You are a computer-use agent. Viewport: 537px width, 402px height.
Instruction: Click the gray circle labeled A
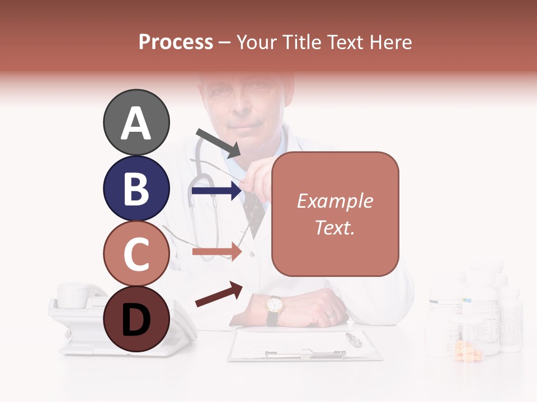(x=136, y=123)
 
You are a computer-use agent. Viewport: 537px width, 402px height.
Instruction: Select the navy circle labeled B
(x=136, y=189)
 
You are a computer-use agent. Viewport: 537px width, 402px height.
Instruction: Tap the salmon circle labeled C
(x=136, y=254)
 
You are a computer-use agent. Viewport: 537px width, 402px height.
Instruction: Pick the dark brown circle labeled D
(x=136, y=319)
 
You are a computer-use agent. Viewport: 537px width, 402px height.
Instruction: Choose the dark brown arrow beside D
(x=219, y=294)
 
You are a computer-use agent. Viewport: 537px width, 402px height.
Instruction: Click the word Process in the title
(x=176, y=42)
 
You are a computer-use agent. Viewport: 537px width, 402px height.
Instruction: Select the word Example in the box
(x=335, y=202)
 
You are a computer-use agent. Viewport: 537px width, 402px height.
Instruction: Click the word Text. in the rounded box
(x=335, y=227)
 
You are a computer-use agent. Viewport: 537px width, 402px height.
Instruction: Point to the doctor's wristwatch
(x=274, y=305)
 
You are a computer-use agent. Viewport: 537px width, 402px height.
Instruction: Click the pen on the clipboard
(x=354, y=339)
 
